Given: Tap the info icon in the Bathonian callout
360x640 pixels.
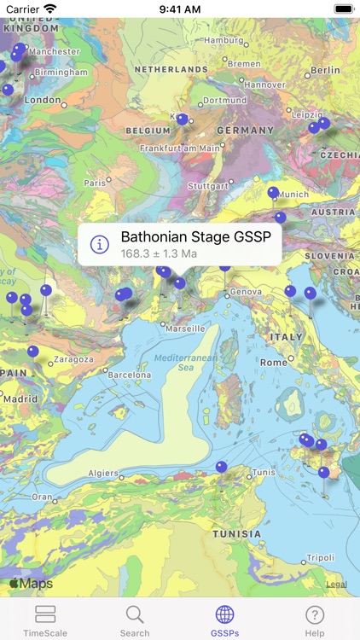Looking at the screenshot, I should [100, 244].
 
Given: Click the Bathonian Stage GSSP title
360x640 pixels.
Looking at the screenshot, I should [200, 236].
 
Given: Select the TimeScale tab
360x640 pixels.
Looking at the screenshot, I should [45, 620].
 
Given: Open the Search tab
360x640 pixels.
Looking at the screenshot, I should [135, 620].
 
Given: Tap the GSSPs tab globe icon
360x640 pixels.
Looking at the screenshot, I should [225, 614].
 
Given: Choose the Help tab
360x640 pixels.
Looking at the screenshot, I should [315, 620].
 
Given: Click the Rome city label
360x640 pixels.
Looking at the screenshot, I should [274, 362].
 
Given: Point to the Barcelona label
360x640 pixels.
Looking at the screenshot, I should [130, 375].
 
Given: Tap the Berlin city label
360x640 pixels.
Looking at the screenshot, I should [325, 70].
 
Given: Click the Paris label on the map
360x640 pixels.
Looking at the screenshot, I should [95, 183].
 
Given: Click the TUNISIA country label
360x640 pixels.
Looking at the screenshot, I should [237, 533].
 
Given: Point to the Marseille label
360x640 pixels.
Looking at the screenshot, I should [185, 328].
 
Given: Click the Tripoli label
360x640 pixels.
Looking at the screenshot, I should [321, 557].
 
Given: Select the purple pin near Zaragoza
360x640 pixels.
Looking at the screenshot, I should [32, 351].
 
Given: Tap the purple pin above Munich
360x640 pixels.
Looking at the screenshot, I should [273, 192].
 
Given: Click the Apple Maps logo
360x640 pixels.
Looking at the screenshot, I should [31, 584].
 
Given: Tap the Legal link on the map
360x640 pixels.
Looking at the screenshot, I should [336, 585].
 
